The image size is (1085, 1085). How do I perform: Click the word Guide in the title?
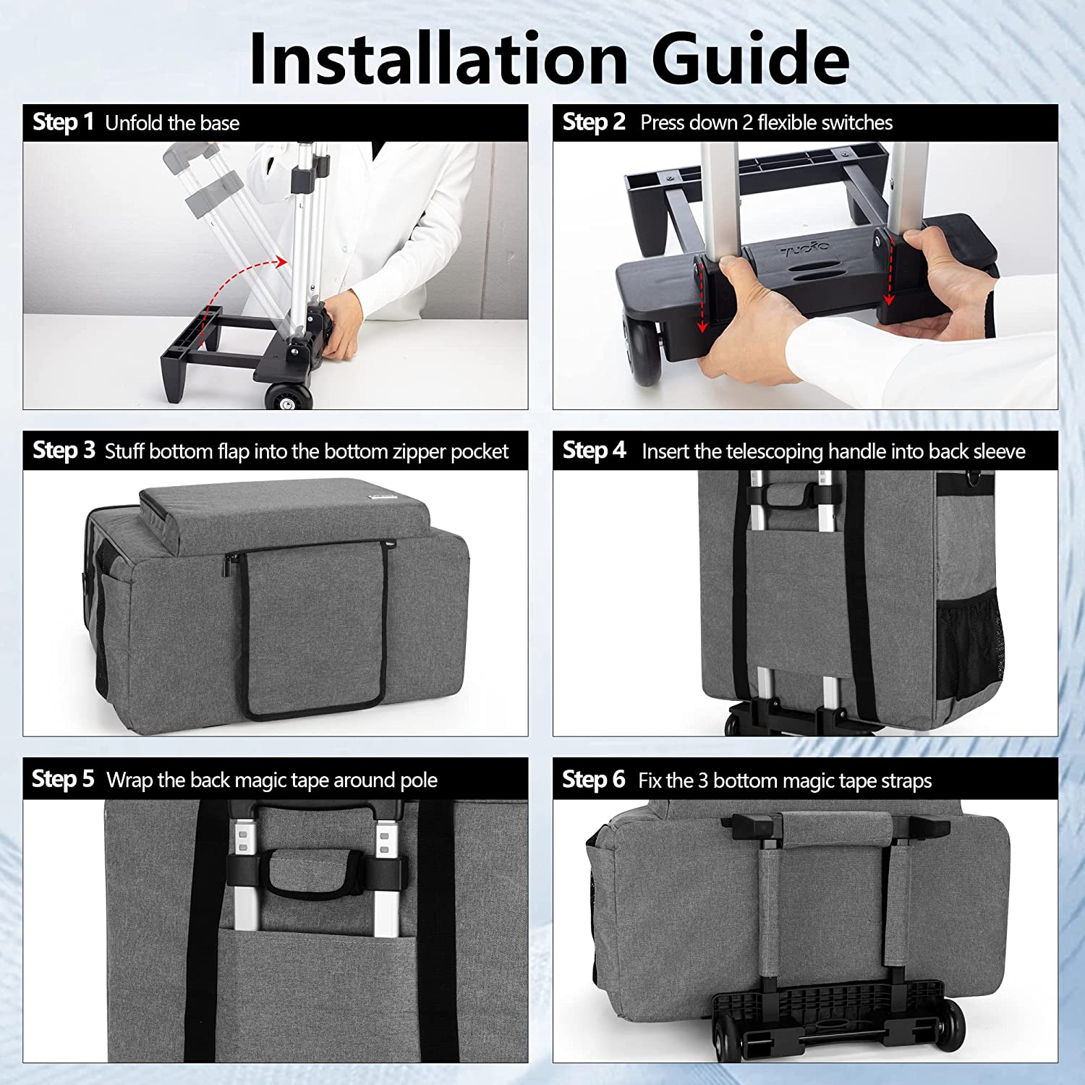pos(750,59)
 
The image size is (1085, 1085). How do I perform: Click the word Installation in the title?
pos(438,59)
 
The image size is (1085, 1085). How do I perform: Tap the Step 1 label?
pos(64,122)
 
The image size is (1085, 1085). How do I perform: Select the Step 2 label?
pos(594,122)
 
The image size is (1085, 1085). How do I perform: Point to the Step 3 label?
pos(64,451)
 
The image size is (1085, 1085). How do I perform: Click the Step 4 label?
pos(594,451)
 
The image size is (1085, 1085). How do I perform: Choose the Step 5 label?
pos(63,779)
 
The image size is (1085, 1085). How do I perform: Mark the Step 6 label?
pos(594,780)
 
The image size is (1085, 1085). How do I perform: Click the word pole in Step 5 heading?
pos(420,781)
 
